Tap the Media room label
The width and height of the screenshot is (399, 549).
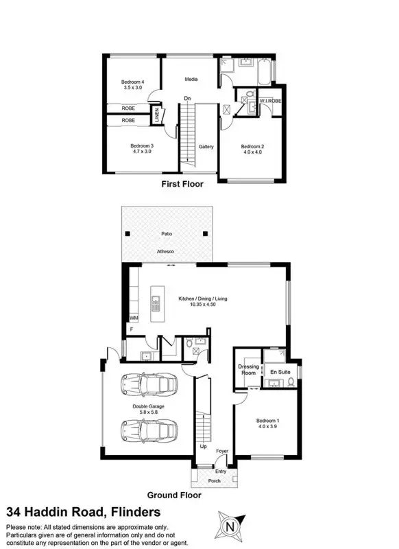pos(191,80)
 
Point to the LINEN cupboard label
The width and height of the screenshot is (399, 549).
pos(157,114)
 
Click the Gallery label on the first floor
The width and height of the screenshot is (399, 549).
pos(206,146)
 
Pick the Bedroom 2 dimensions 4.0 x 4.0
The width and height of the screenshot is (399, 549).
pos(252,152)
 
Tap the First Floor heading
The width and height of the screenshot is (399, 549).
pos(182,184)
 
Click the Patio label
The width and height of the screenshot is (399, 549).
pos(167,233)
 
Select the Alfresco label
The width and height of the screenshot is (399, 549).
pos(167,253)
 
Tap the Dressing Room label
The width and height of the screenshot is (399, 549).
pos(248,370)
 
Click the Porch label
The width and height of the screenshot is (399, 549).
pos(215,481)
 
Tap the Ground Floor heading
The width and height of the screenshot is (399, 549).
pos(174,494)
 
